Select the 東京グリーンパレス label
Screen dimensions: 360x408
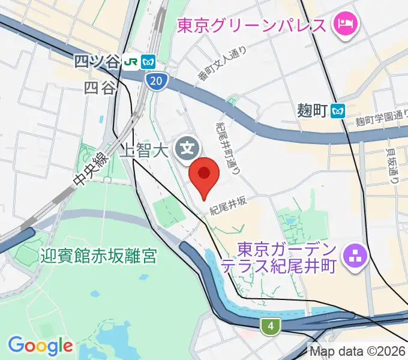pos(251,25)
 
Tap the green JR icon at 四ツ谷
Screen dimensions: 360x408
pos(130,61)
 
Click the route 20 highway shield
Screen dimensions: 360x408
pos(156,81)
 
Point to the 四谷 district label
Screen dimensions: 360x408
pos(100,88)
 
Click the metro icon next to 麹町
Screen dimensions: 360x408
pos(340,110)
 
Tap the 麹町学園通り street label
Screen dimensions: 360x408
pos(382,121)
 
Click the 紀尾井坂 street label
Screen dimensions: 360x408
pos(228,206)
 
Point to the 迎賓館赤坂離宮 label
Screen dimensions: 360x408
pos(99,257)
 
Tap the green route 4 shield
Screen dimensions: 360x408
pos(271,326)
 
